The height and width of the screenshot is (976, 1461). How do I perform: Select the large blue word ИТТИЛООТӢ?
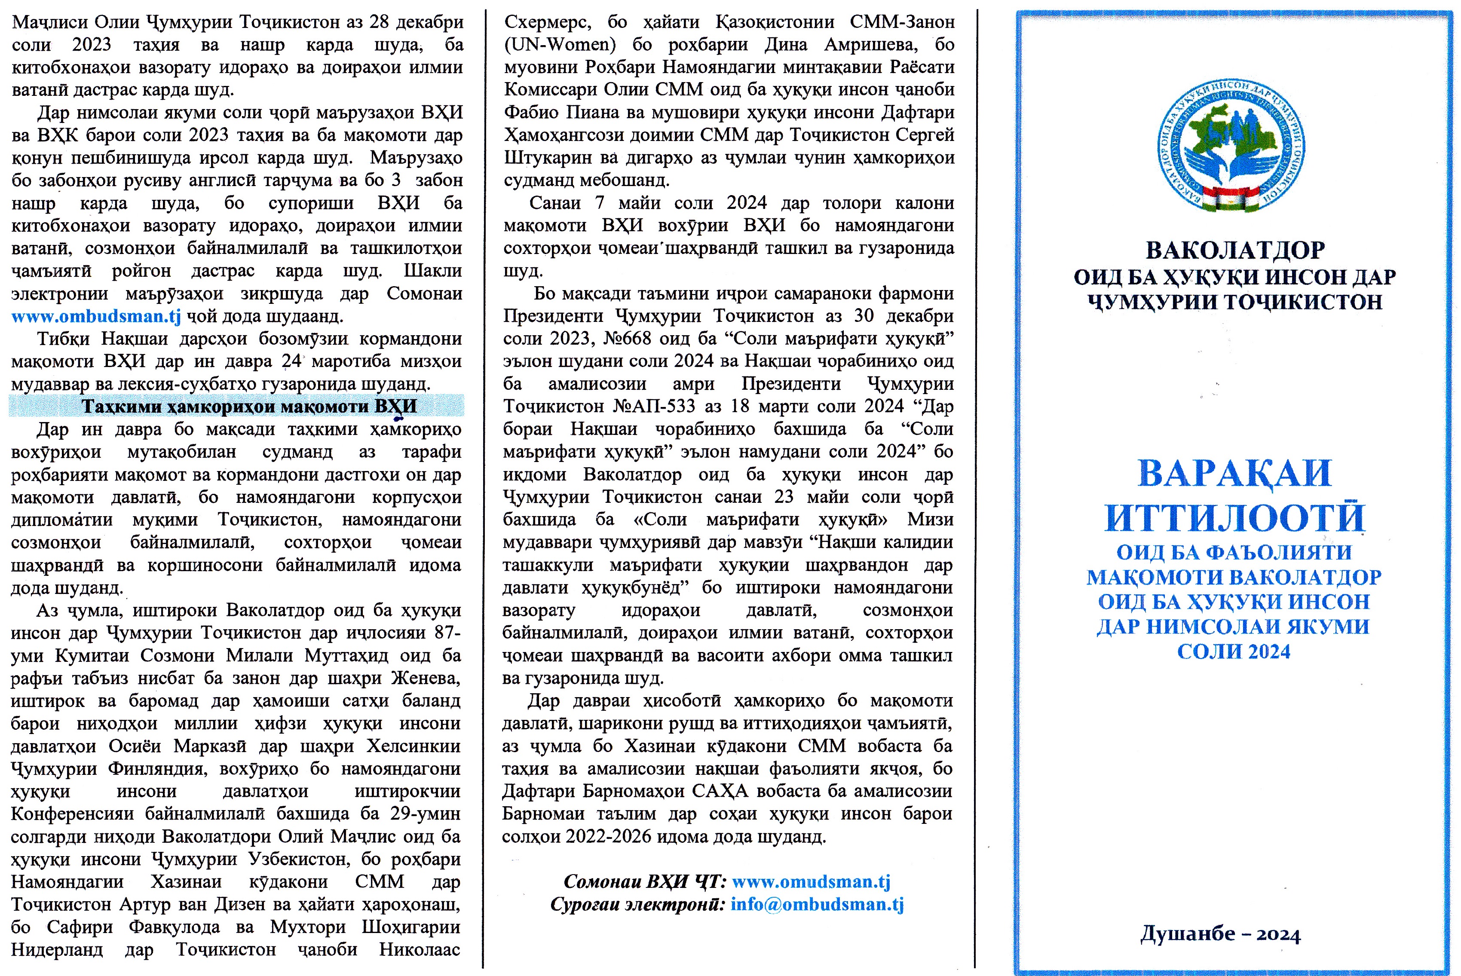[1235, 518]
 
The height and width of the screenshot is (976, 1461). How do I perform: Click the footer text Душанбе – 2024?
[1220, 934]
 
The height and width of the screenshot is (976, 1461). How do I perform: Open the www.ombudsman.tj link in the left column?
[96, 316]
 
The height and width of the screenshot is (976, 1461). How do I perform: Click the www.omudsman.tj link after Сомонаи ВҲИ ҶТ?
[811, 881]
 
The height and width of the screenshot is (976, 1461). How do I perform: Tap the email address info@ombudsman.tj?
[817, 904]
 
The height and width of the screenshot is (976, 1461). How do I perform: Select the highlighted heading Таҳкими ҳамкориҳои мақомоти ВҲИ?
[249, 407]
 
